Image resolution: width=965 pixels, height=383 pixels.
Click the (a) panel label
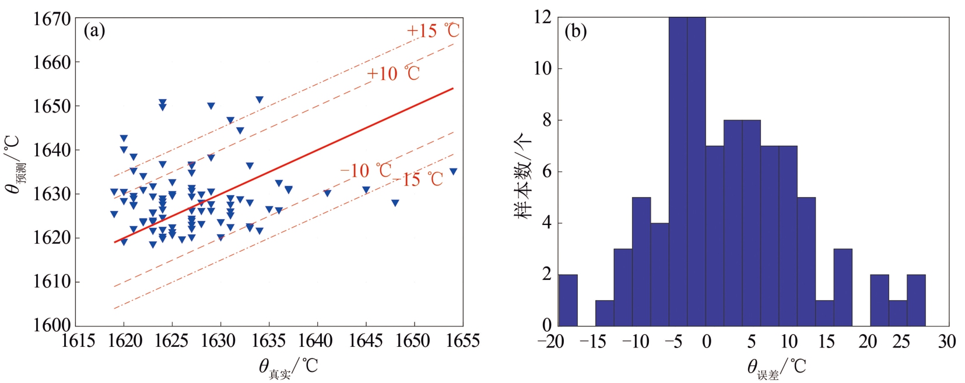[94, 30]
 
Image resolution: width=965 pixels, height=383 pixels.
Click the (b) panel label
[576, 31]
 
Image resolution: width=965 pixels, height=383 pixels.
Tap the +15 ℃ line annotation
[433, 30]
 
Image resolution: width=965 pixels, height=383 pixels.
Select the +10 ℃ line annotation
[393, 73]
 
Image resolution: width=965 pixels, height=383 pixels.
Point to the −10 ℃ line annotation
[366, 170]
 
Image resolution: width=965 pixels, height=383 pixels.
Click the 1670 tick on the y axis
[52, 19]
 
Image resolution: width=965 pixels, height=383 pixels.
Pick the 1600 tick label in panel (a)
[52, 325]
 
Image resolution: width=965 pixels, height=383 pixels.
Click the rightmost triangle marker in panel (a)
[453, 171]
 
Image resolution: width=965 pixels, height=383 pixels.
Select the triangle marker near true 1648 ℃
[395, 203]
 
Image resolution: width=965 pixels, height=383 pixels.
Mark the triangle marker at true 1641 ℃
[327, 193]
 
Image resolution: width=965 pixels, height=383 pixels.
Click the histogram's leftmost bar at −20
[568, 300]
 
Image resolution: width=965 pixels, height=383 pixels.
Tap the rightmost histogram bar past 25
[916, 300]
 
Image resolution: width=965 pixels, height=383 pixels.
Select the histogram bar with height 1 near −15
[605, 313]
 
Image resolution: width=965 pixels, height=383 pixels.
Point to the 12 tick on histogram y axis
[542, 17]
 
